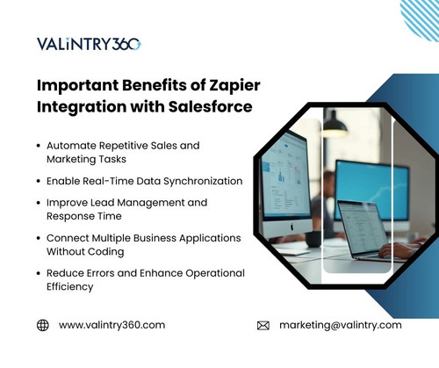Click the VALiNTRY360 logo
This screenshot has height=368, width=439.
pos(89,44)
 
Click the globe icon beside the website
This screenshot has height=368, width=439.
pos(42,325)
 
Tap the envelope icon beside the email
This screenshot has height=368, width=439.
pos(263,325)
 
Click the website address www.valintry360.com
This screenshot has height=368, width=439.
pos(112,325)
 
